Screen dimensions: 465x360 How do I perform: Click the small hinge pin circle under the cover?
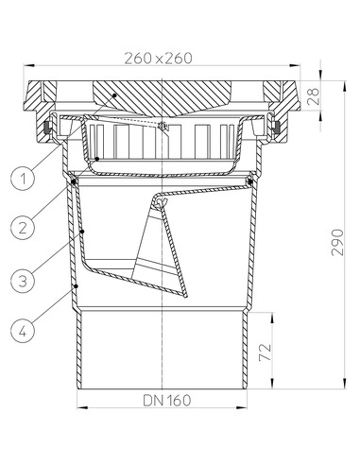163,128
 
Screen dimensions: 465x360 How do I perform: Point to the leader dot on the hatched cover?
111,95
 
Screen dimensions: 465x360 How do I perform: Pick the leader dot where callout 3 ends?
83,230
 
